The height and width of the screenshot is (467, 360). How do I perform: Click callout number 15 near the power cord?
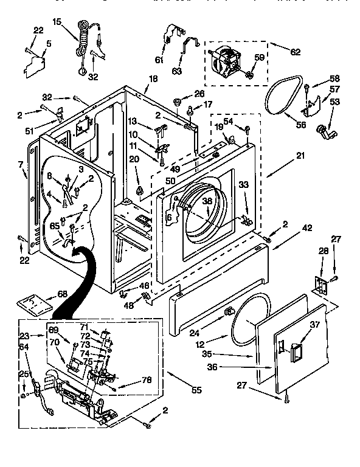point(57,22)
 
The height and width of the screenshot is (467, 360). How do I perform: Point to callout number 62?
point(296,52)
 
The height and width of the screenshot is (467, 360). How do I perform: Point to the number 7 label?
point(20,165)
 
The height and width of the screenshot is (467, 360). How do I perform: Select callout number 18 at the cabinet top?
point(153,78)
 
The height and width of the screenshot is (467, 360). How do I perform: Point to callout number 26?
point(199,93)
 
